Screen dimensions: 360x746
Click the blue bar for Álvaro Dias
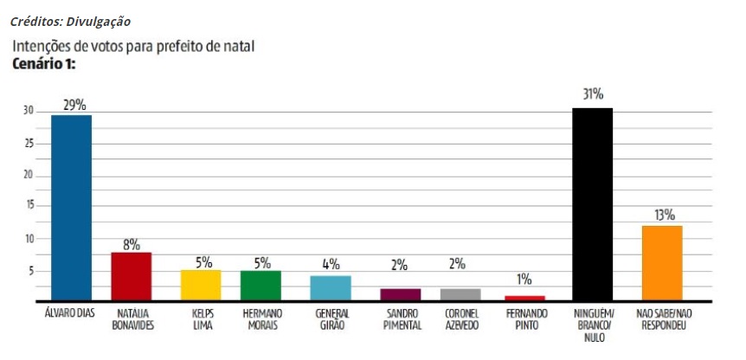(71, 208)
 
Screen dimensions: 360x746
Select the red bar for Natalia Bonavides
(132, 276)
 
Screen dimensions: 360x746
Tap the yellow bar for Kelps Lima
(201, 285)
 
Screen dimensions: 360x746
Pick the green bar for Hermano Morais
(260, 285)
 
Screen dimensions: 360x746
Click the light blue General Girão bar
(331, 287)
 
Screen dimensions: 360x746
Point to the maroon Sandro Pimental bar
(400, 294)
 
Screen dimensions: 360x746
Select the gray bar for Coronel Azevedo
(460, 294)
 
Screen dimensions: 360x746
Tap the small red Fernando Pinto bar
(525, 298)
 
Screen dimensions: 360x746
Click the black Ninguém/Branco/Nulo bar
(592, 204)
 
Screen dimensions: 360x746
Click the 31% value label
(593, 94)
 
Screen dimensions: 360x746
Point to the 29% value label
(73, 104)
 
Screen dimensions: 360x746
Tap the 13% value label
(664, 215)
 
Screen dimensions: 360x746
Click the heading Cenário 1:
(44, 64)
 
